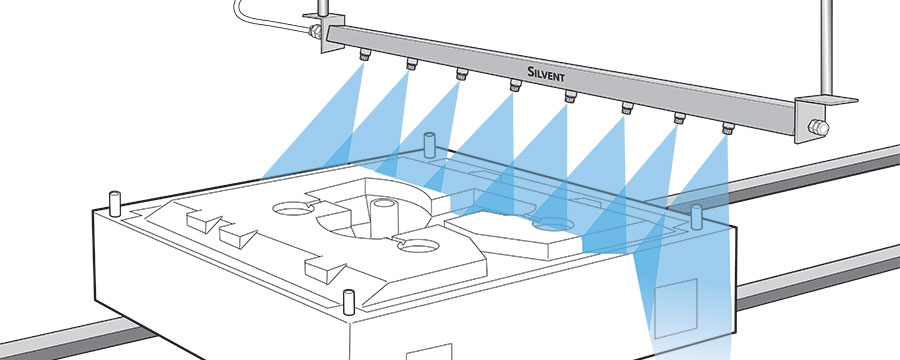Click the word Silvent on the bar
[546, 74]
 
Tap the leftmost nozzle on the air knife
[364, 56]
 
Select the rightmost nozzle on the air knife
[728, 128]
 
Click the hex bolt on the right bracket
[817, 127]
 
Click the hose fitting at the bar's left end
[315, 32]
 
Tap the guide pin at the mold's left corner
[115, 203]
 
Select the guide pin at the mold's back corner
[429, 145]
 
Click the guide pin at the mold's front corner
[348, 302]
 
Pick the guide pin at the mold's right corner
[697, 216]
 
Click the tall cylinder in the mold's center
[383, 218]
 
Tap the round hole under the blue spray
[553, 224]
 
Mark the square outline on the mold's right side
[676, 308]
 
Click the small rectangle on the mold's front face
[429, 352]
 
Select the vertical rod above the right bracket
[827, 47]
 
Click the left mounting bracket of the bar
[329, 30]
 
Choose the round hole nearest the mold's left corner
[293, 209]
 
